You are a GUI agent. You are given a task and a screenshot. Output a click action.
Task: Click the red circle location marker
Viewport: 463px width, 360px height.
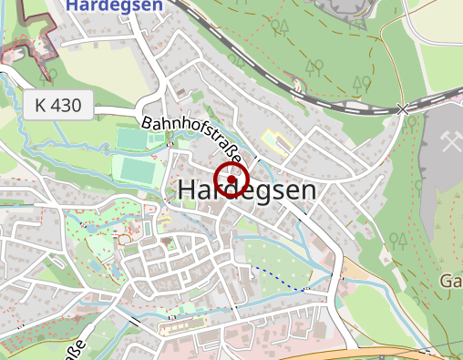[x=231, y=180]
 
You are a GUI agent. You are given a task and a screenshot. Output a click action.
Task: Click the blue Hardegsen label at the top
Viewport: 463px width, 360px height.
[x=114, y=5]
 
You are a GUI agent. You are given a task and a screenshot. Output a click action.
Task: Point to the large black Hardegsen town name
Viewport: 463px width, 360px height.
[x=248, y=191]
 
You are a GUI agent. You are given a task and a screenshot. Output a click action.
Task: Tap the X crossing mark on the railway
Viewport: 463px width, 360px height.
[x=404, y=109]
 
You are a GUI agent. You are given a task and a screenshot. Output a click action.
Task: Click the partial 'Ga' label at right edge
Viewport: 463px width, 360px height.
[x=451, y=280]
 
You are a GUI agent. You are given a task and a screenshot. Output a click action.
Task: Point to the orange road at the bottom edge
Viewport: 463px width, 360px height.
[x=383, y=353]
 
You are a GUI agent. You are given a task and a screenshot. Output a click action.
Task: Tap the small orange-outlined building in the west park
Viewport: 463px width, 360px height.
[x=123, y=240]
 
